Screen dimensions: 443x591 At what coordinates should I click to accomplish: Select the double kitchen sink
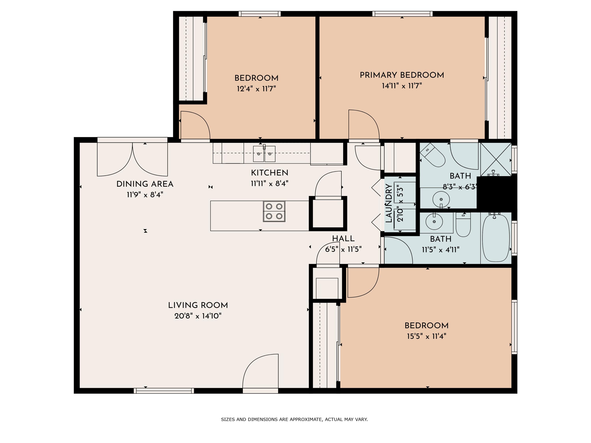point(264,154)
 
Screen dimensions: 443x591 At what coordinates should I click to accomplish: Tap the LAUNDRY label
point(389,203)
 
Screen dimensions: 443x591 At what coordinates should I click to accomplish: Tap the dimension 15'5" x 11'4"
point(427,336)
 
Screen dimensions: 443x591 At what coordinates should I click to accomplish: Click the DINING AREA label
point(145,184)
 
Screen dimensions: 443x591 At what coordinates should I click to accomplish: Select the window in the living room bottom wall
point(164,391)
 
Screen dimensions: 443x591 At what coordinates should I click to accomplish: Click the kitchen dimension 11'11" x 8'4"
point(269,184)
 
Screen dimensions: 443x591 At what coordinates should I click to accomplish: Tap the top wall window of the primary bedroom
point(402,14)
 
